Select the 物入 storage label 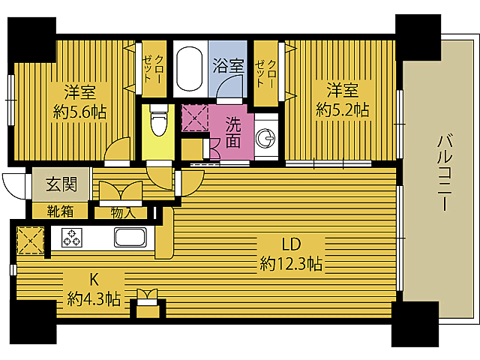(123, 212)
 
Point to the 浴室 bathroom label (228, 64)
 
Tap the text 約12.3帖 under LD (291, 263)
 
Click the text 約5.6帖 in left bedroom (79, 112)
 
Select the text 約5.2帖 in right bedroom (342, 110)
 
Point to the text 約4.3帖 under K (94, 298)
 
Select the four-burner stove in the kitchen (73, 238)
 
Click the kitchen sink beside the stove (133, 238)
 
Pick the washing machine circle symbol (265, 136)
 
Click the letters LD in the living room (292, 244)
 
